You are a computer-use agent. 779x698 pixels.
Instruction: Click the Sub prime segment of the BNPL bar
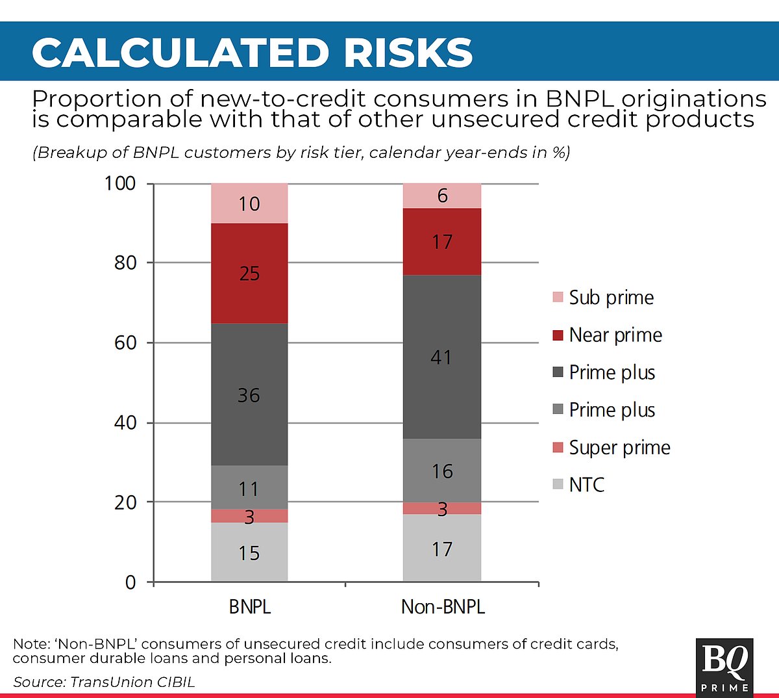(x=249, y=203)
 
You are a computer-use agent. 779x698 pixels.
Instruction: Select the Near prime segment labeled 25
(x=249, y=274)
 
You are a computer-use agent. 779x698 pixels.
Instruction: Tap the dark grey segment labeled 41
(x=441, y=357)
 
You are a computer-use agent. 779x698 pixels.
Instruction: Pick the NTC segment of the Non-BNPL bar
(x=441, y=549)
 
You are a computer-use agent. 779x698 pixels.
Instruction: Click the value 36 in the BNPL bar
(x=249, y=395)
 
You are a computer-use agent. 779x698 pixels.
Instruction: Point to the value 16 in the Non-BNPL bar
(x=442, y=471)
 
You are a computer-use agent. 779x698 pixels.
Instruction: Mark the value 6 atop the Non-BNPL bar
(x=443, y=196)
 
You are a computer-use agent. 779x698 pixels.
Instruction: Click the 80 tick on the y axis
(x=125, y=263)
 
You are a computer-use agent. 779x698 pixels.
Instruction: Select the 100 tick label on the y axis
(x=120, y=183)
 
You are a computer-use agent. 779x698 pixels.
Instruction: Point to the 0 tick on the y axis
(x=130, y=582)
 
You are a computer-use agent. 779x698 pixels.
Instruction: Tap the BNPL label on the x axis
(x=249, y=607)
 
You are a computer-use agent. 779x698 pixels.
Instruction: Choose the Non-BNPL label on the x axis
(x=443, y=607)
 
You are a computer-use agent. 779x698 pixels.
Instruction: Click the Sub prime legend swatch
(x=558, y=298)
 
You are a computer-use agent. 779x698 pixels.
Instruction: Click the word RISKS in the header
(x=408, y=53)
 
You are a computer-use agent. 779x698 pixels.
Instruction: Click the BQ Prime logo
(x=724, y=667)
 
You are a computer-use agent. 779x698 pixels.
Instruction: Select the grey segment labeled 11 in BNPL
(x=249, y=488)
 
